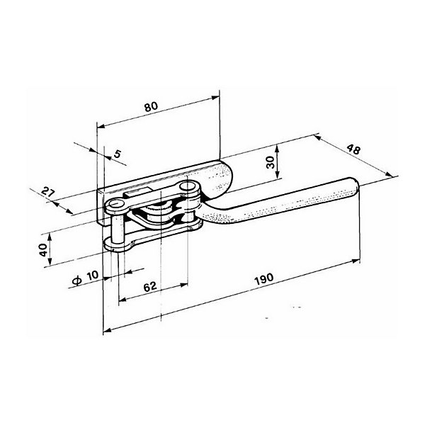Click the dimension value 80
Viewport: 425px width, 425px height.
click(x=151, y=106)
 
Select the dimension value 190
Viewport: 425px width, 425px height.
click(x=264, y=279)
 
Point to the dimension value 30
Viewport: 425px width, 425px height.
click(x=271, y=162)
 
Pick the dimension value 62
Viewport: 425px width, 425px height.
click(x=150, y=286)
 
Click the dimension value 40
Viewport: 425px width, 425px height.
click(x=43, y=249)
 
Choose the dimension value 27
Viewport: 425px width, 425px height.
click(x=48, y=193)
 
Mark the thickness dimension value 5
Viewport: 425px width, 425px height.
click(x=117, y=154)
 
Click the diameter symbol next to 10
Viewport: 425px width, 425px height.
click(x=77, y=280)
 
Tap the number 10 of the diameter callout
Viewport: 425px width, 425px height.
click(x=92, y=276)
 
